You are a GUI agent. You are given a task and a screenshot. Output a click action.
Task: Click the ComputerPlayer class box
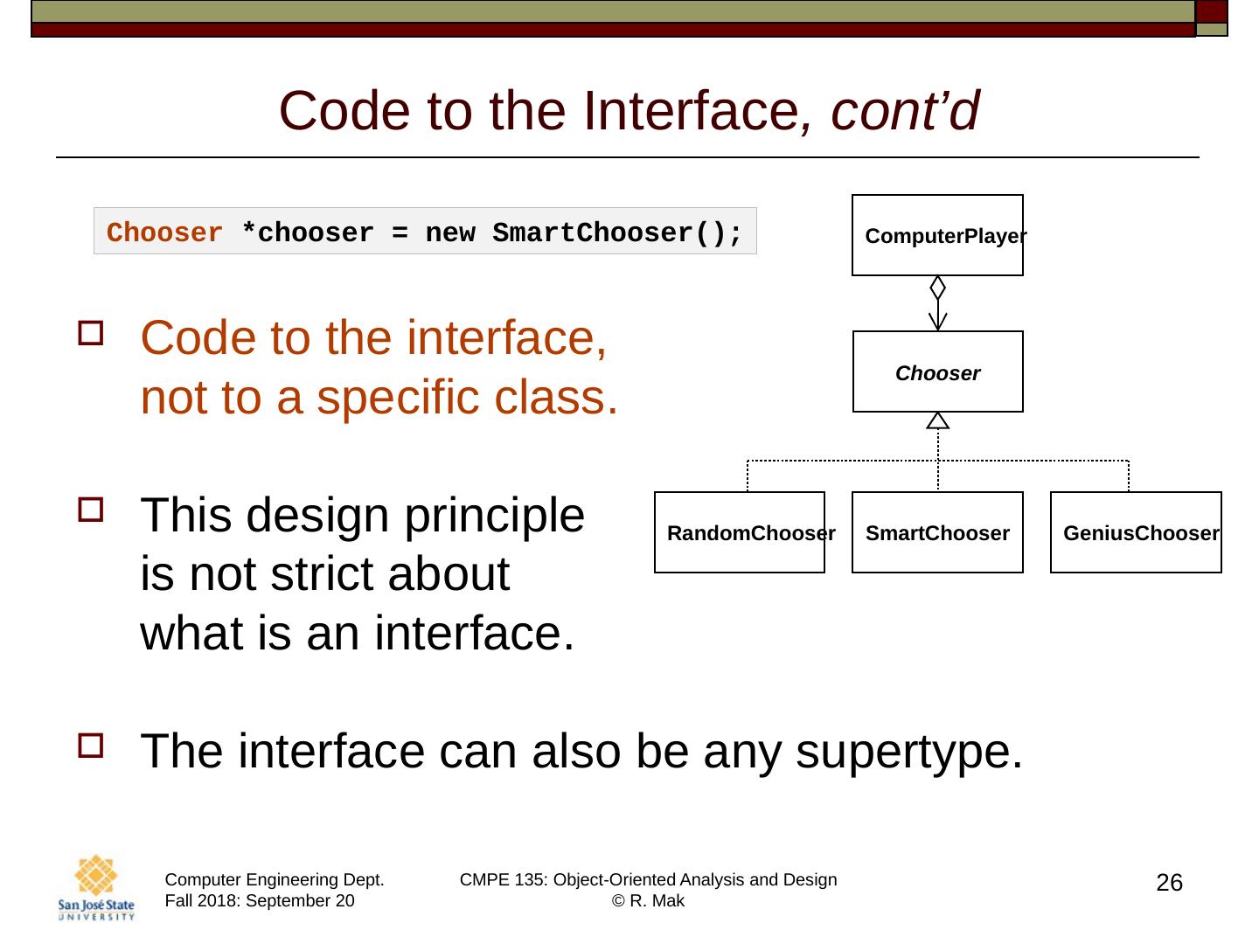tap(937, 235)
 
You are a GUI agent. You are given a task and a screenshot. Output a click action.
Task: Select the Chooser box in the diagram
tap(937, 372)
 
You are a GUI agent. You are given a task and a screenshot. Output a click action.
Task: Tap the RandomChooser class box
tap(740, 532)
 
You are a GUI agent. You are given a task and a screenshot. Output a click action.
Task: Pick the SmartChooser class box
tap(937, 532)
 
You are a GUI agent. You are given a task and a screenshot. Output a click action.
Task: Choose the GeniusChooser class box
tap(1135, 532)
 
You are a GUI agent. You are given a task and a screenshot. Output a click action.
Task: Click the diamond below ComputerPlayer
tap(937, 288)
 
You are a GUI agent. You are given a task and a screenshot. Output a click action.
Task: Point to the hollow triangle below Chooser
tap(937, 421)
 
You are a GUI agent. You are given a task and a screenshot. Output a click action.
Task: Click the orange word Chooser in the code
tap(164, 233)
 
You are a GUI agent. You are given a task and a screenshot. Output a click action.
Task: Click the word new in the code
tap(449, 233)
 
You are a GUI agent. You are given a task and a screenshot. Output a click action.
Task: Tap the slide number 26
tap(1169, 883)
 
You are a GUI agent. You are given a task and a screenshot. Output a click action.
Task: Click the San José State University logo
tap(96, 886)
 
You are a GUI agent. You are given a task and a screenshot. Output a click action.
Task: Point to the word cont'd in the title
tap(905, 111)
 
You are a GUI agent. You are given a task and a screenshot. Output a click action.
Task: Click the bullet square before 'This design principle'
tap(90, 510)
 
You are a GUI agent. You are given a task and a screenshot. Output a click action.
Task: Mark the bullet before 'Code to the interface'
tap(90, 333)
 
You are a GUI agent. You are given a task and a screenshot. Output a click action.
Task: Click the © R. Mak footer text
tap(648, 901)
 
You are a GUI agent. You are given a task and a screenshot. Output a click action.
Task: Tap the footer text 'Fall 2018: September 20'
tap(260, 901)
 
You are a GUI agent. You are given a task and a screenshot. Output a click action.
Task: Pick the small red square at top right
tap(1211, 11)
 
